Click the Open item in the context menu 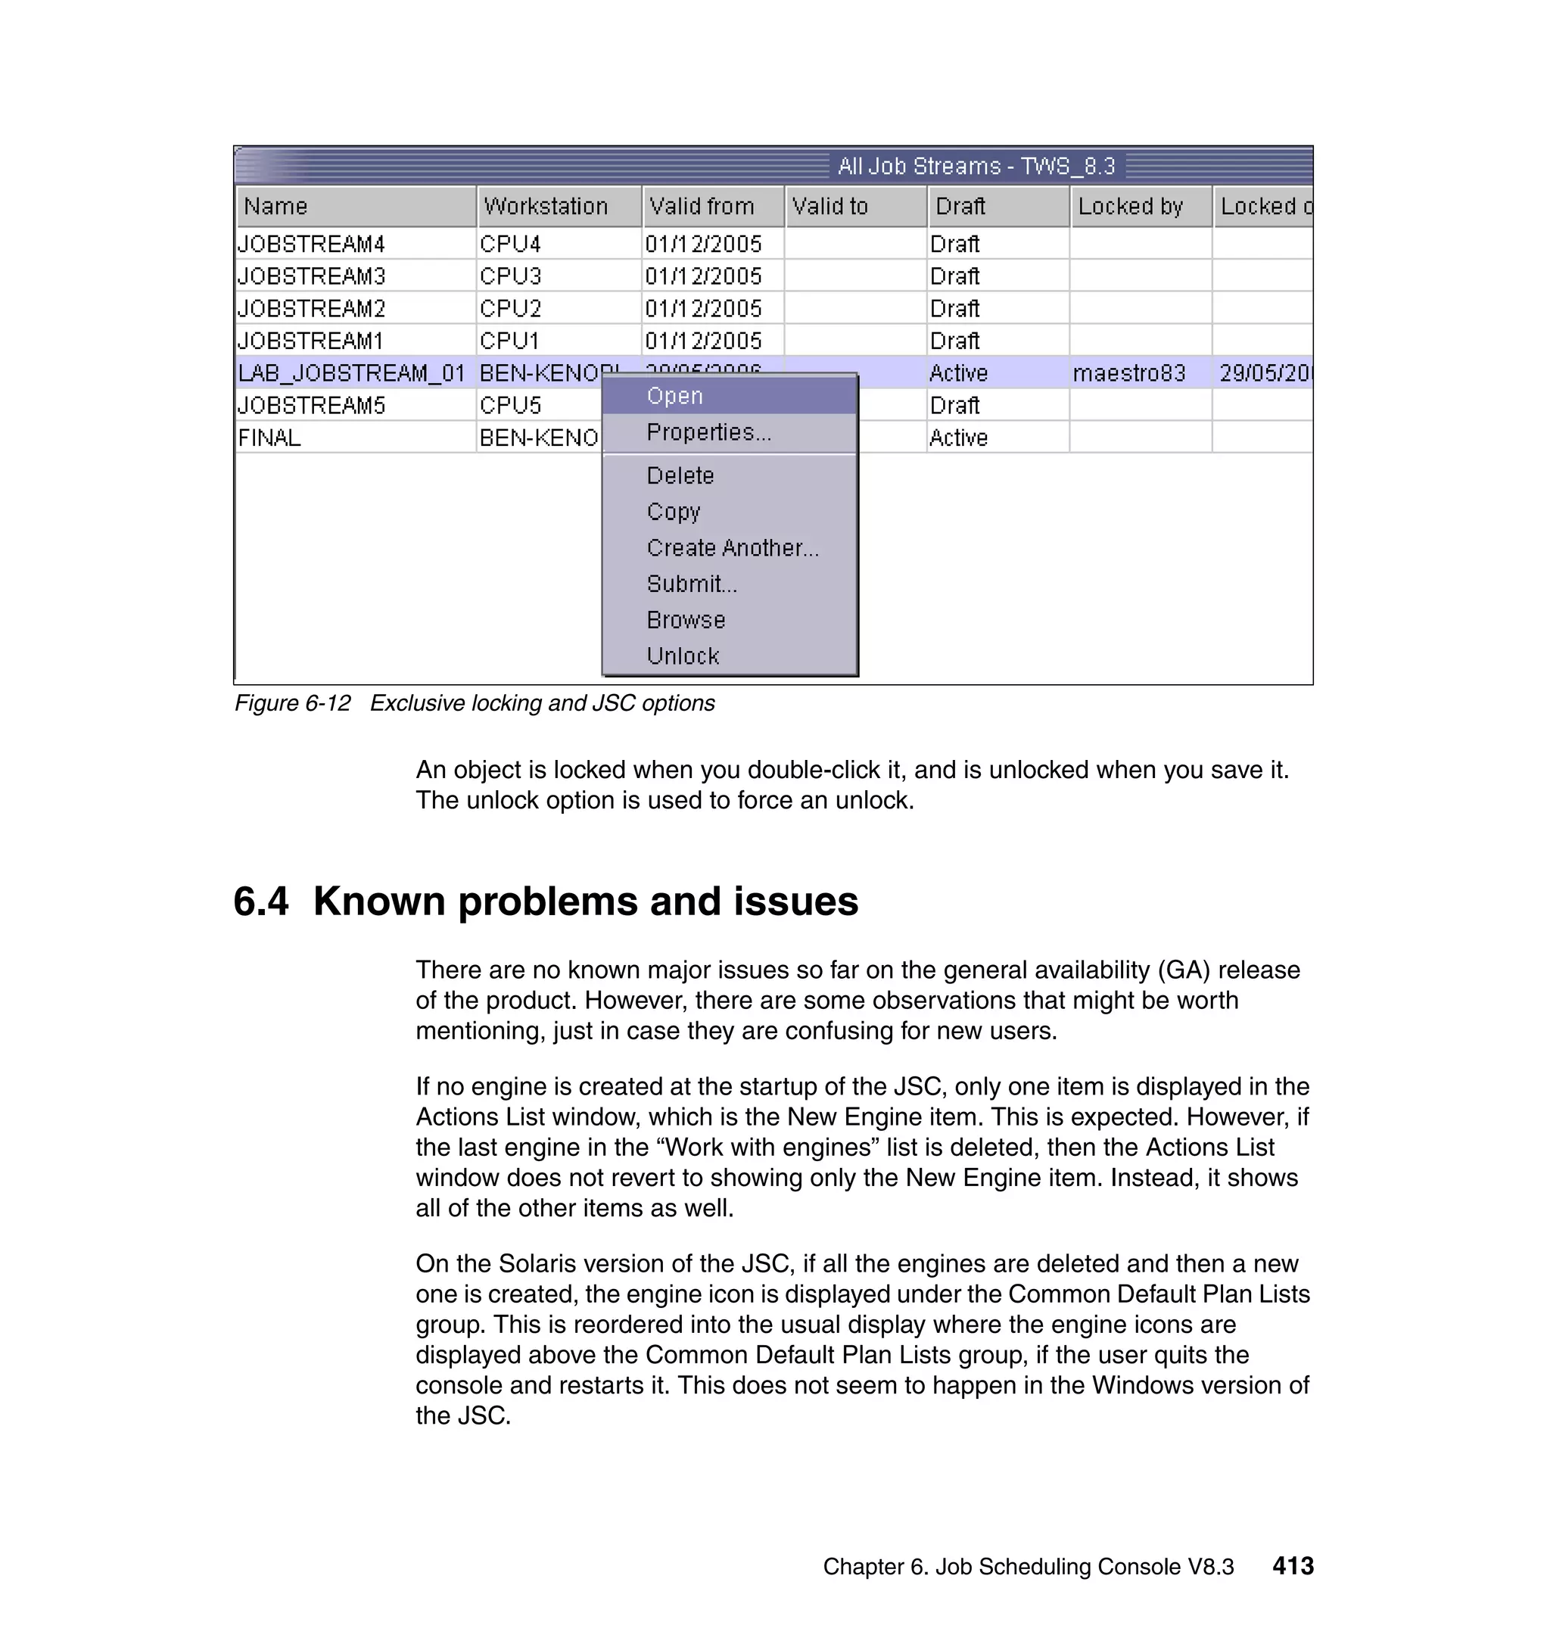[x=674, y=397]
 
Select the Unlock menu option [x=683, y=656]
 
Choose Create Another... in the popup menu [x=732, y=548]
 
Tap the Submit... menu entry [x=692, y=584]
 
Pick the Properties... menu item [x=708, y=433]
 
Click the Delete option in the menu [x=680, y=476]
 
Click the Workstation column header [x=546, y=207]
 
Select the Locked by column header [x=1130, y=207]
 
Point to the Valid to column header [x=829, y=207]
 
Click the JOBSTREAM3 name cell [x=312, y=276]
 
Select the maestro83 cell [x=1128, y=373]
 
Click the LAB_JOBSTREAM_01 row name [x=351, y=373]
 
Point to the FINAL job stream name [x=269, y=438]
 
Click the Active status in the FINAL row [x=958, y=438]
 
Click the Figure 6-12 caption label [x=292, y=703]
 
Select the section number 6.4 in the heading [x=261, y=901]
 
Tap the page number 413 [x=1292, y=1566]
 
